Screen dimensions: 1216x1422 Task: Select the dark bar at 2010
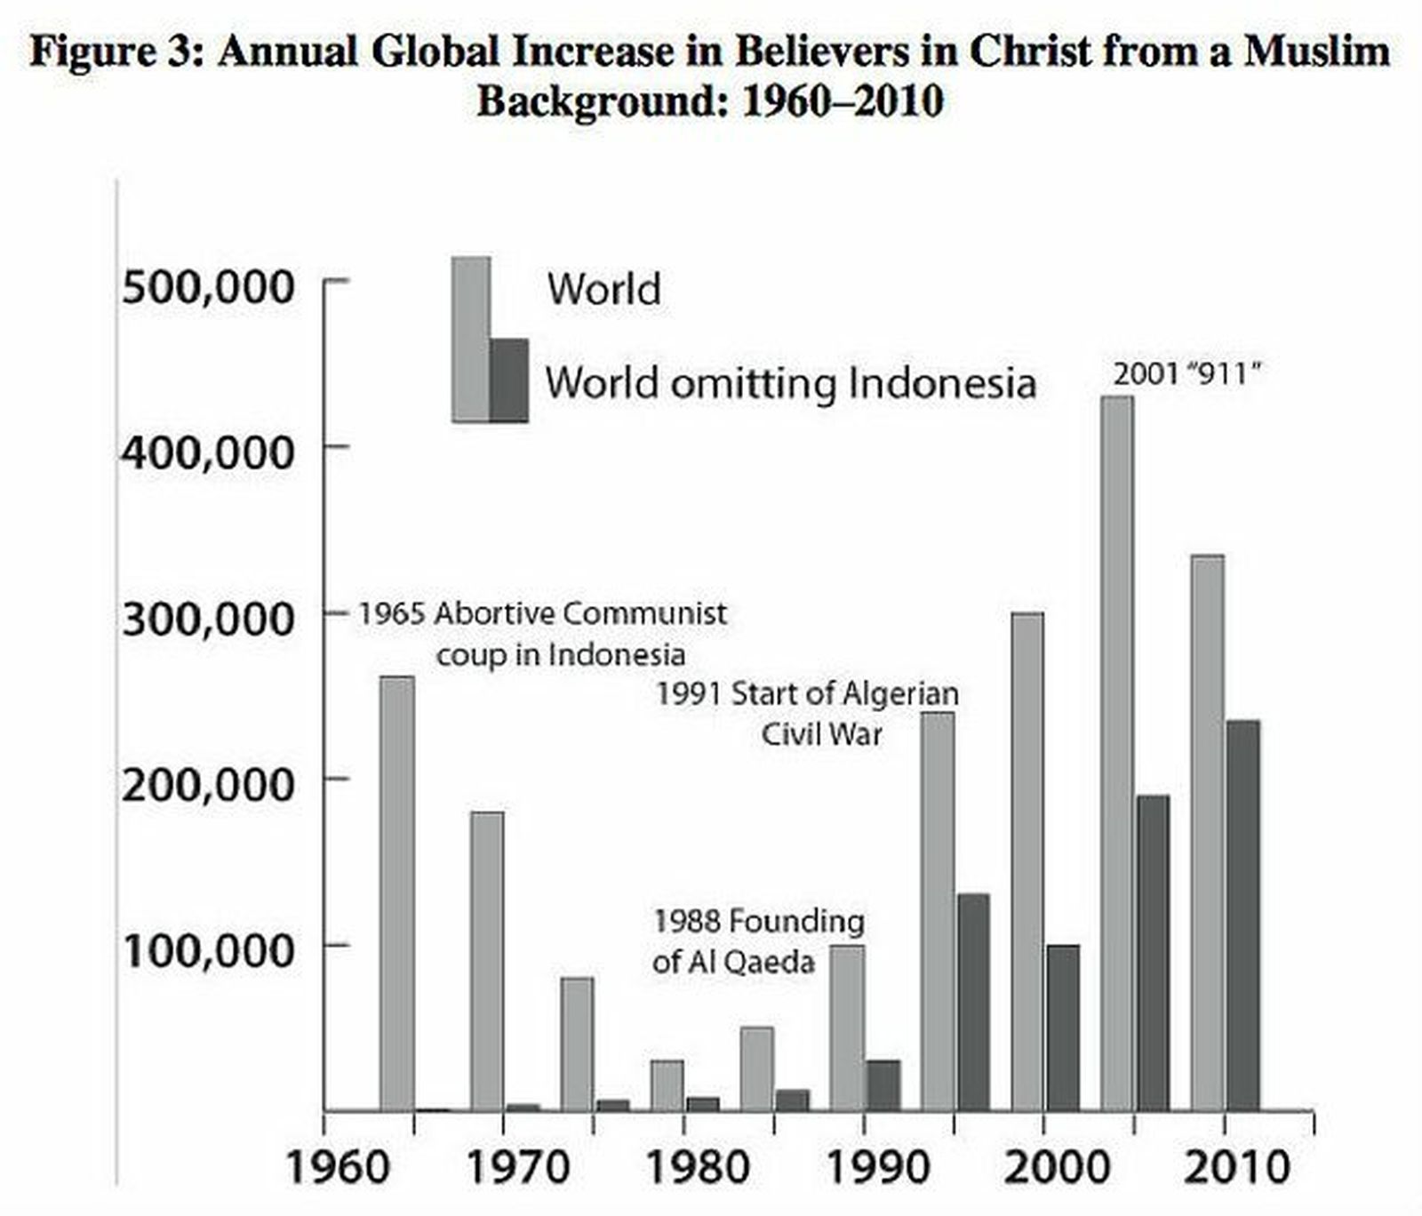pos(1242,916)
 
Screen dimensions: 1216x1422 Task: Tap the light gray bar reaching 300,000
pos(1027,862)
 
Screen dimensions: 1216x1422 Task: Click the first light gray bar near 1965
pos(396,893)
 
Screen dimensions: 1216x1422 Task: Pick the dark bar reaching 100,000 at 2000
pos(1063,1028)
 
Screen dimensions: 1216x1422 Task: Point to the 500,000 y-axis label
pos(207,288)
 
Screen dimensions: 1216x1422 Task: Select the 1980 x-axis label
pos(698,1167)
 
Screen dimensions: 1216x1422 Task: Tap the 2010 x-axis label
pos(1236,1167)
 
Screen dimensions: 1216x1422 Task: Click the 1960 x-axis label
pos(338,1167)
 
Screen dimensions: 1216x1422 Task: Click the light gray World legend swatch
pos(470,338)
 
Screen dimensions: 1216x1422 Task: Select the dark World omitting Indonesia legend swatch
pos(509,380)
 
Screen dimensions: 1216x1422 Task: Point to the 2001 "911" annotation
pos(1186,374)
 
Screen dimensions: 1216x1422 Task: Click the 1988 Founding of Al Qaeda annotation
pos(757,941)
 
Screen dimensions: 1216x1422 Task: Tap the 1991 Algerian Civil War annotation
pos(807,713)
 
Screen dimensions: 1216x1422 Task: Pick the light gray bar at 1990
pos(847,1028)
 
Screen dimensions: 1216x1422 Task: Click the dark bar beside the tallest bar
pos(1153,953)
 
